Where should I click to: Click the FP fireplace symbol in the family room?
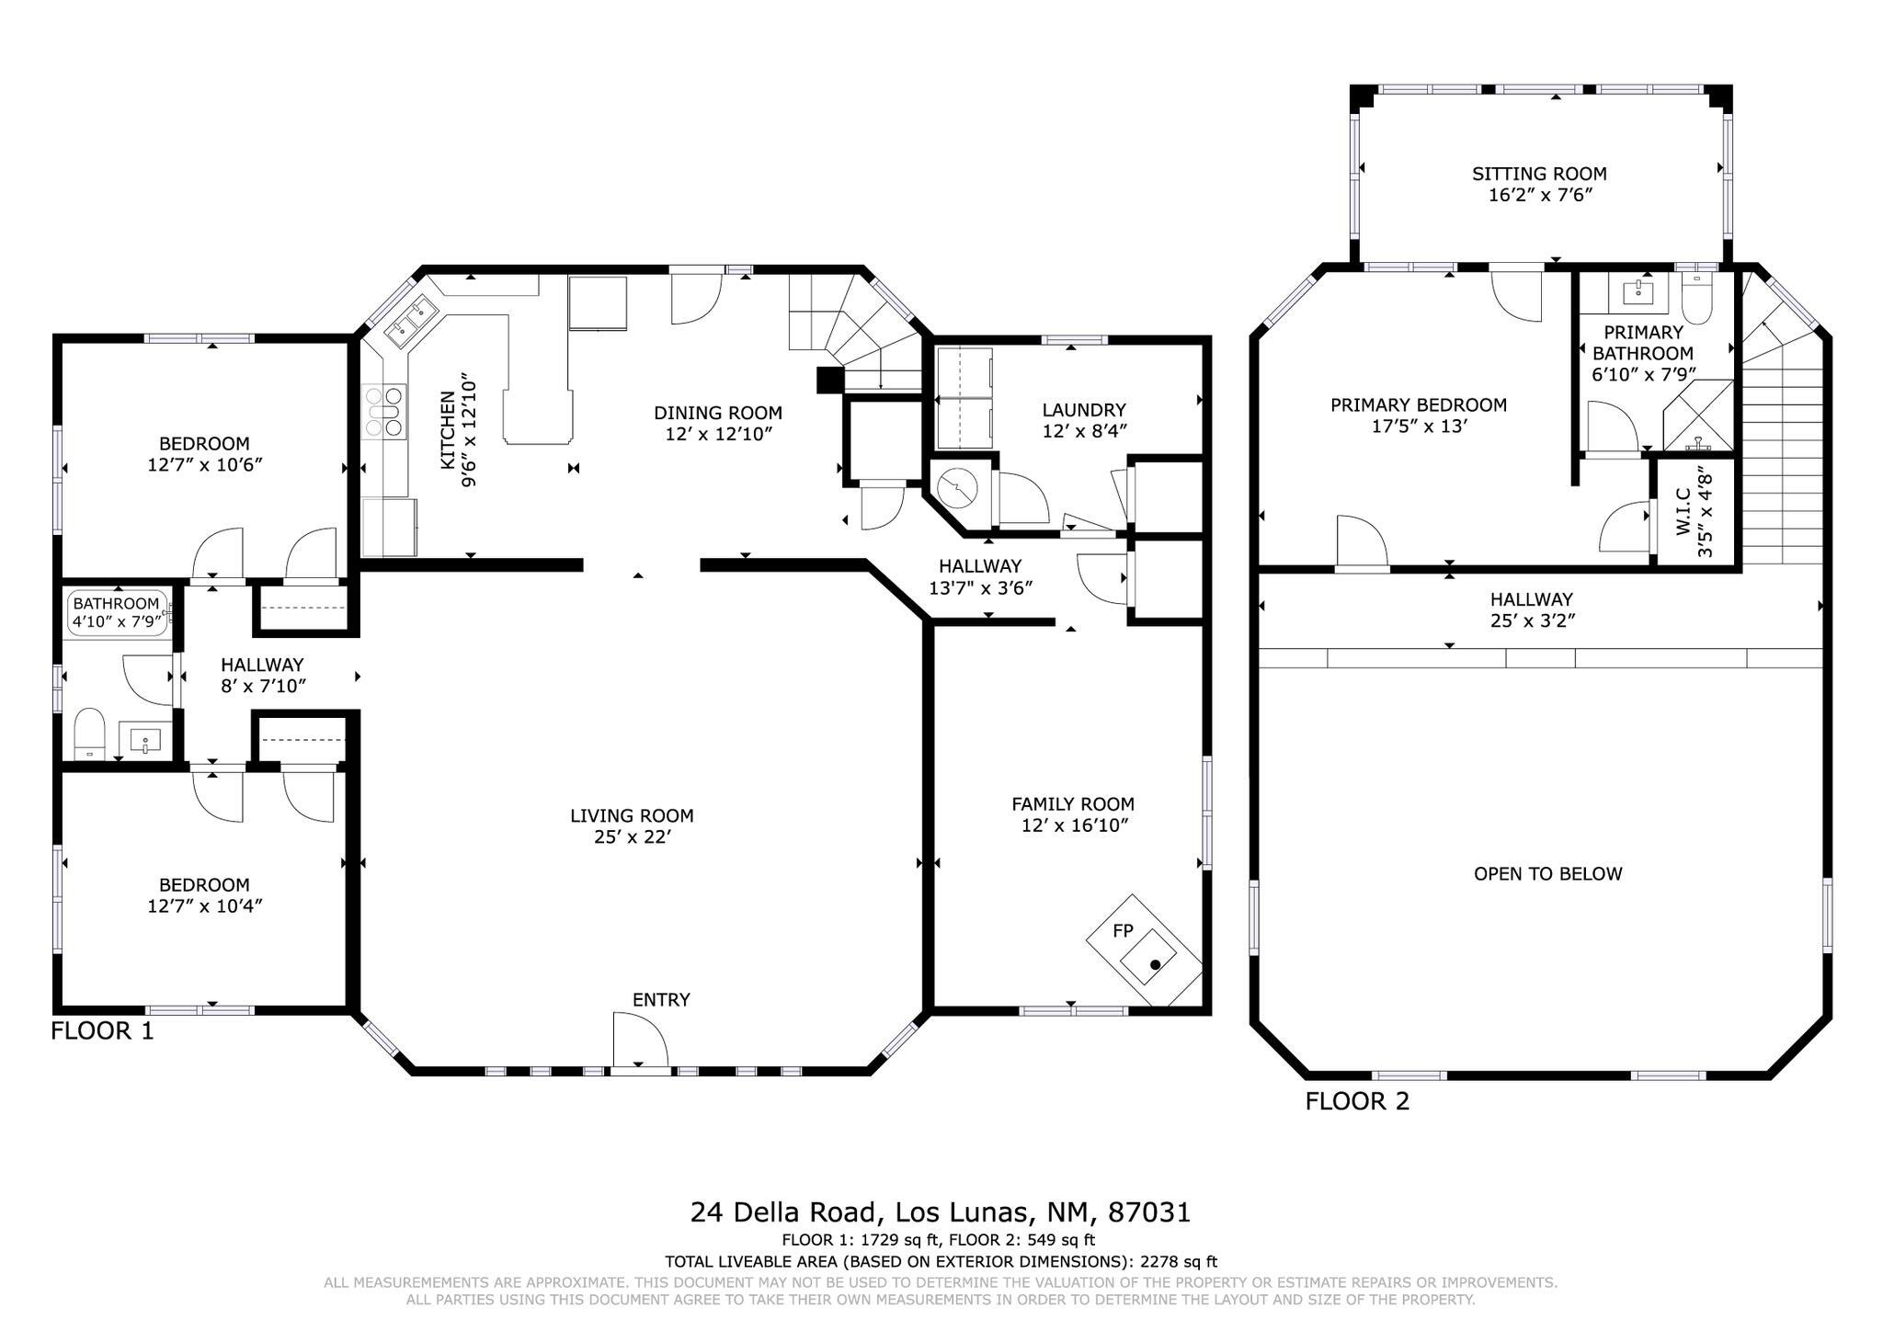pos(1145,952)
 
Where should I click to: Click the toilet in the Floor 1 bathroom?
pos(90,733)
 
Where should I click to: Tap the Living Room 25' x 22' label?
pos(632,825)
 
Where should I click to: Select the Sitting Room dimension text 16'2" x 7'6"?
pos(1540,195)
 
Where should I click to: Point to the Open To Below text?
pos(1548,873)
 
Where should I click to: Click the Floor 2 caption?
pos(1357,1101)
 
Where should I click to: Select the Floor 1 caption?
pos(102,1030)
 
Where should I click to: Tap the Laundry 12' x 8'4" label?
pos(1084,420)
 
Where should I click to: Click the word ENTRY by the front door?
pos(661,999)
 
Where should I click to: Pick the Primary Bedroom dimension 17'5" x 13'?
pos(1419,427)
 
